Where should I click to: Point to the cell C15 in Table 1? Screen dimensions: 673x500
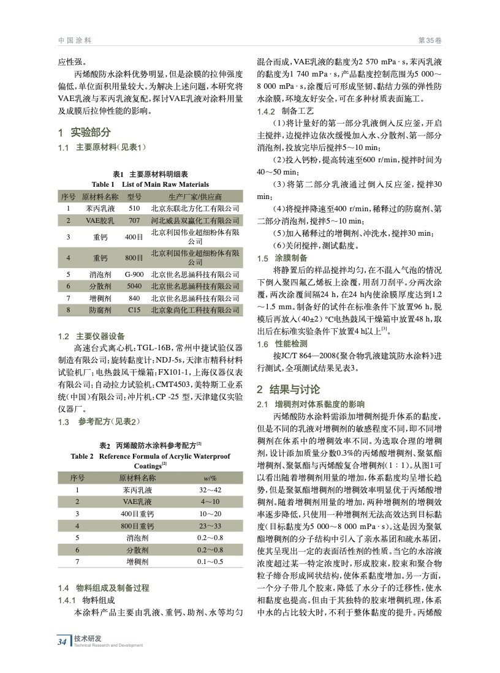coord(134,310)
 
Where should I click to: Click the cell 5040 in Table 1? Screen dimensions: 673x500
coord(134,286)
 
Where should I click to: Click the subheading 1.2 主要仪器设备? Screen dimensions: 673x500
coord(91,336)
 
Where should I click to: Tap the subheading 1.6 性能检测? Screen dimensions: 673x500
coord(282,344)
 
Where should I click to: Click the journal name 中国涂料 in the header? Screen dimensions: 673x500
coord(75,40)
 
